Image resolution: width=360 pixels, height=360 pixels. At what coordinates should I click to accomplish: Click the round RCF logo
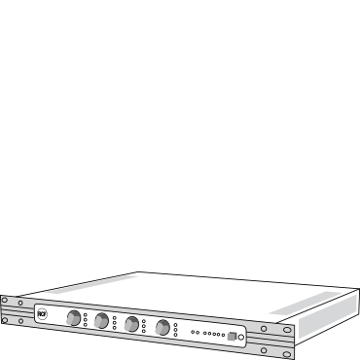coord(42,313)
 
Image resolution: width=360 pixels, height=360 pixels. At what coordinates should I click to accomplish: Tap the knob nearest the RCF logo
coord(74,317)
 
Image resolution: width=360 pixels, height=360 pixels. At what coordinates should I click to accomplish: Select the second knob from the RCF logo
coord(102,320)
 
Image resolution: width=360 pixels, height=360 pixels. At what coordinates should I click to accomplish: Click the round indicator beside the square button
coord(241,337)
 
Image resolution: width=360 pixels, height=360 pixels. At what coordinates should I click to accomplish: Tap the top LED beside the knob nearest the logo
coord(86,313)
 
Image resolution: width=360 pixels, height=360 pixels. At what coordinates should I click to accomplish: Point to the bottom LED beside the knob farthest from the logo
coord(175,334)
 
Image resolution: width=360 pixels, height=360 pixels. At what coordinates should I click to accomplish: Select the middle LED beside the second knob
coord(115,322)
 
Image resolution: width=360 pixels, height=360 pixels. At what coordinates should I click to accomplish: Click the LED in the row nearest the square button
coord(223,335)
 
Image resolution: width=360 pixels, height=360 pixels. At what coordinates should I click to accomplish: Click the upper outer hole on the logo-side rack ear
coord(4,301)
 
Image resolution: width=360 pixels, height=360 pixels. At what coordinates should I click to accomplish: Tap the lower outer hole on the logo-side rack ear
coord(4,320)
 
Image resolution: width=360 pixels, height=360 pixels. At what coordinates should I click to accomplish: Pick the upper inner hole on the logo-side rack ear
coord(20,303)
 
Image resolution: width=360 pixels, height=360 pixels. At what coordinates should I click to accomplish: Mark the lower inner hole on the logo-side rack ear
coord(20,320)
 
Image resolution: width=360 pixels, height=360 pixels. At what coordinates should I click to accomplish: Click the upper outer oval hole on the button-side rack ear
coord(288,330)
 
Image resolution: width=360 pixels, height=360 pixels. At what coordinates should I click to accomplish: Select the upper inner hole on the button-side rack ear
coord(263,329)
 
